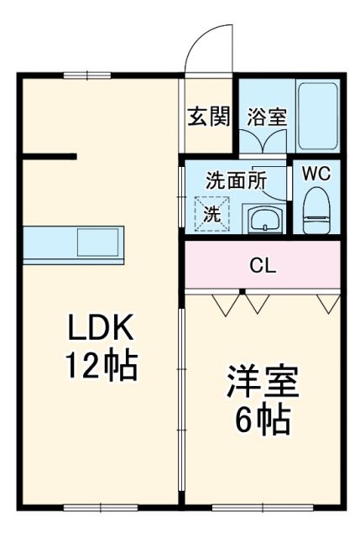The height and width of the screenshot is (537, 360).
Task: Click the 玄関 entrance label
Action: pos(208,117)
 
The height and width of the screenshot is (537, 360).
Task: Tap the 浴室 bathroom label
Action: pos(267,117)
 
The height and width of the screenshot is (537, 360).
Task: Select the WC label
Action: pos(316,174)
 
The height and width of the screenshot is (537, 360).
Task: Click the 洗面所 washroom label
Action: pos(236,180)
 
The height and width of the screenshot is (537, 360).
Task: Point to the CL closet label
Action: pos(262,268)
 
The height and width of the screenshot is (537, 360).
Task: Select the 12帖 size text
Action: pos(100,366)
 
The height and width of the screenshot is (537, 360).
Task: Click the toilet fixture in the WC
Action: pos(316,210)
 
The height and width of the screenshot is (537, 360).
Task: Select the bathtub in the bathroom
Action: pos(317,116)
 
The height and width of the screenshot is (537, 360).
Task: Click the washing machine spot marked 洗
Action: pos(211,213)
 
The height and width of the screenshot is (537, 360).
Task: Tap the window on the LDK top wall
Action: pos(87,76)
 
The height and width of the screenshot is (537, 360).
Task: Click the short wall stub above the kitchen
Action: pos(50,156)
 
